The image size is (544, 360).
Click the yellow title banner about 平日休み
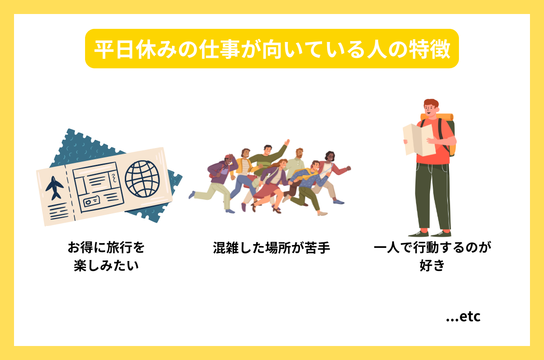(x=272, y=49)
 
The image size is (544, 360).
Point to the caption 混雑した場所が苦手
(x=272, y=247)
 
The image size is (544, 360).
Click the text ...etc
(x=463, y=317)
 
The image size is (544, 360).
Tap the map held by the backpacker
(x=419, y=139)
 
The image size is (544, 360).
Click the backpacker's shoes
(x=430, y=233)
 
